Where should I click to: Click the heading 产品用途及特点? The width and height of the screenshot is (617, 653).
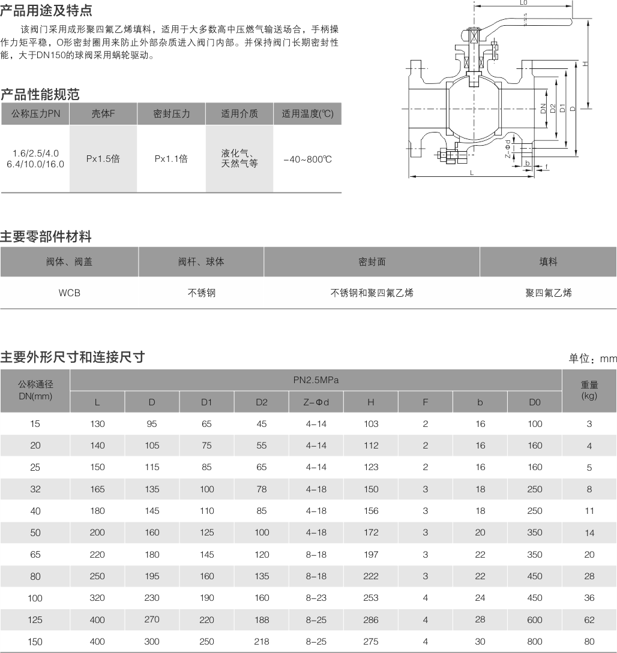pos(46,11)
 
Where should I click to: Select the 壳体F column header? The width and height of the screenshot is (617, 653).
pos(103,114)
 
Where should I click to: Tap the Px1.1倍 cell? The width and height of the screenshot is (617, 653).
pos(171,159)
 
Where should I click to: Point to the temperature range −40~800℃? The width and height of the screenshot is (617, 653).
pos(307,159)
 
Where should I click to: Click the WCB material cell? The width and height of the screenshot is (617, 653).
pos(69,293)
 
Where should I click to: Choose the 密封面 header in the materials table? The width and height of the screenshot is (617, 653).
pos(372,262)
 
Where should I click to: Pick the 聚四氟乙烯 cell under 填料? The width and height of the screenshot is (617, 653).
pos(548,293)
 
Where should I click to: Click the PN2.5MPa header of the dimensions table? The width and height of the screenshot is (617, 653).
pos(316,380)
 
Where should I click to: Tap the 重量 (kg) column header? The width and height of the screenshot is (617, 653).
pos(589,390)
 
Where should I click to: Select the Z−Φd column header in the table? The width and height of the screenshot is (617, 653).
pos(316,402)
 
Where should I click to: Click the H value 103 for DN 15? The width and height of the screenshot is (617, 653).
pos(371,424)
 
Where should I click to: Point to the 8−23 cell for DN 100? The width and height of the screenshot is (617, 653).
pos(316,598)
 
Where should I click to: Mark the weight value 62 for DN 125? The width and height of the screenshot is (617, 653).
pos(589,620)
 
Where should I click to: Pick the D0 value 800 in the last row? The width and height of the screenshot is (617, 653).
pos(534,642)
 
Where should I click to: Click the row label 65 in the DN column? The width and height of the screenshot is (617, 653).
pos(35,555)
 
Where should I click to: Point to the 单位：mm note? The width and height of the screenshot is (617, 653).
pos(592,359)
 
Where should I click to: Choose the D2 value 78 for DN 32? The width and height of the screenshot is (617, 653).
pos(261,489)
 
